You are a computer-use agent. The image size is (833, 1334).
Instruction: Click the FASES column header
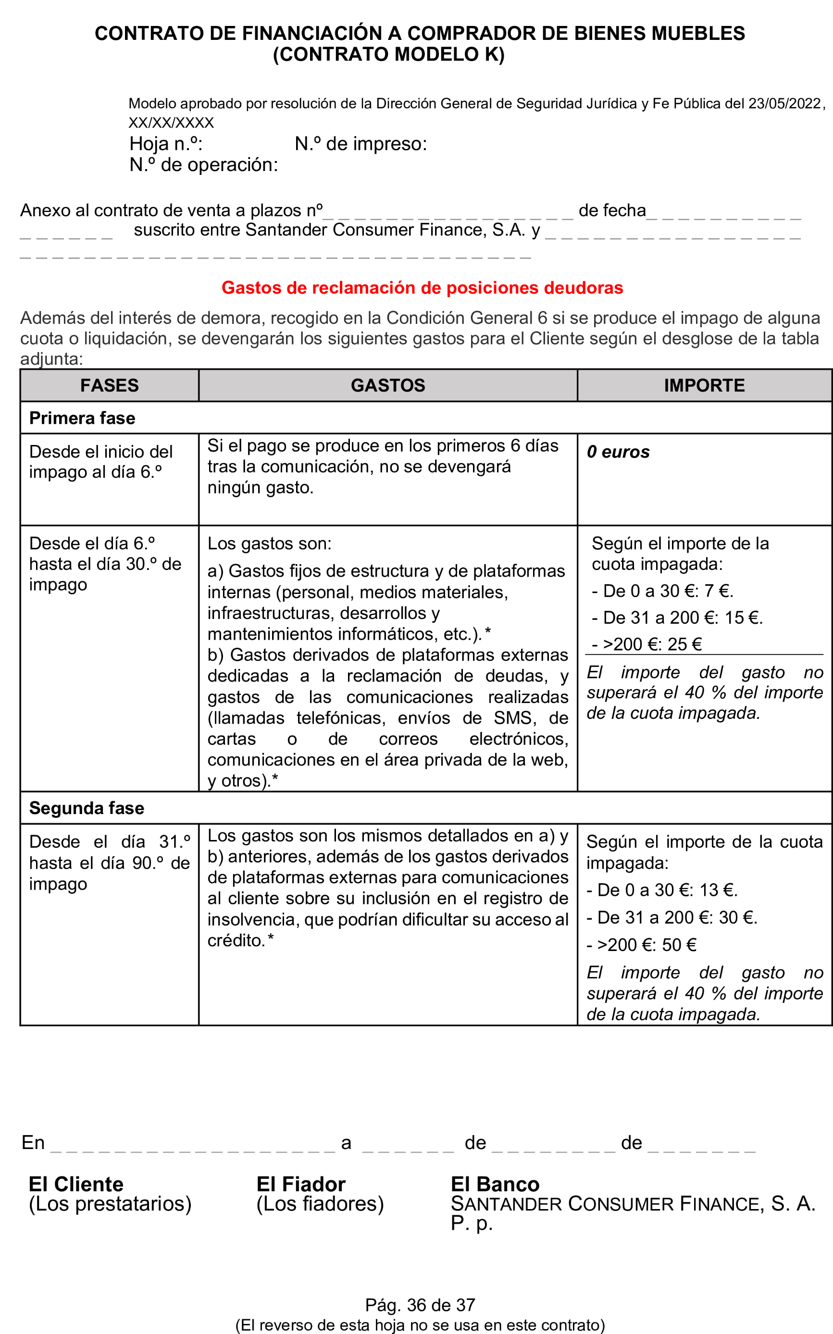click(109, 385)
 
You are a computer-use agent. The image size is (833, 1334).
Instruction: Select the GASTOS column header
click(388, 385)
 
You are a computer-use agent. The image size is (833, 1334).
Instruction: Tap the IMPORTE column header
click(704, 385)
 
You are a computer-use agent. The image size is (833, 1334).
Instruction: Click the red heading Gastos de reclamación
click(422, 287)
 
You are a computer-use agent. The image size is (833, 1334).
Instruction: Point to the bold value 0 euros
click(618, 452)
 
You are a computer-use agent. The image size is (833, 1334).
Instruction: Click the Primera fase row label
click(82, 418)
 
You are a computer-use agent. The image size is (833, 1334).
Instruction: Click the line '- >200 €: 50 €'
click(641, 945)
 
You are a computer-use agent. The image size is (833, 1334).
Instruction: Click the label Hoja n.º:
click(166, 144)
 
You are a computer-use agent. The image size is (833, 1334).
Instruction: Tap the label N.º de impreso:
click(361, 144)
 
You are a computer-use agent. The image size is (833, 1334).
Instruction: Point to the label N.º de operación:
click(203, 165)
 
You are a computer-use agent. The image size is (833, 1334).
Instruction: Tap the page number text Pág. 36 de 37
click(420, 1305)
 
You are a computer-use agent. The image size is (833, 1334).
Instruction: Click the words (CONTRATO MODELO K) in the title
click(388, 54)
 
